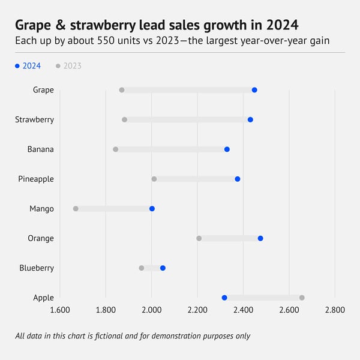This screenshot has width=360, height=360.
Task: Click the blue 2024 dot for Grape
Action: pos(254,90)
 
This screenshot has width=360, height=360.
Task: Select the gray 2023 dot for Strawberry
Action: pos(125,119)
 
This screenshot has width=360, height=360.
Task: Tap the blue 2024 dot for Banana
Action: pos(227,149)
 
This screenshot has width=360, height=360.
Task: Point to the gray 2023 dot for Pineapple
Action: pos(154,179)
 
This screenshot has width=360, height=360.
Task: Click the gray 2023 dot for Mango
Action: pos(76,209)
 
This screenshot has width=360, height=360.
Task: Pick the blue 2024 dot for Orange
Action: pos(260,238)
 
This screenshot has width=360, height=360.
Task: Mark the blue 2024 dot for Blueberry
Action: pos(163,268)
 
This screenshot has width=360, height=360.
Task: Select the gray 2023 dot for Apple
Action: pos(302,298)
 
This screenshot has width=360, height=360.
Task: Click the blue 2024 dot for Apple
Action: pos(224,298)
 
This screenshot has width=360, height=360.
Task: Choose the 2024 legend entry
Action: pos(28,66)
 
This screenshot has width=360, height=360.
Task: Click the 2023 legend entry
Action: pos(69,66)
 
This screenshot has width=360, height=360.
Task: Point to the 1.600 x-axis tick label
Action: pos(59,310)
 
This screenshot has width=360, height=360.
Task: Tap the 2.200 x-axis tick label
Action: pos(197,310)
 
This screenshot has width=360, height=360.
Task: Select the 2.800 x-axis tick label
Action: pos(335,310)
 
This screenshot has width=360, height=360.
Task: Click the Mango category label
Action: pos(41,209)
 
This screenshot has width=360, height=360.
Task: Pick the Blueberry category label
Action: pos(37,268)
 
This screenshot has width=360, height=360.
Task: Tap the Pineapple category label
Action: pos(35,179)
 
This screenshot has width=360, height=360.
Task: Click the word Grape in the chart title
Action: pos(35,26)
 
